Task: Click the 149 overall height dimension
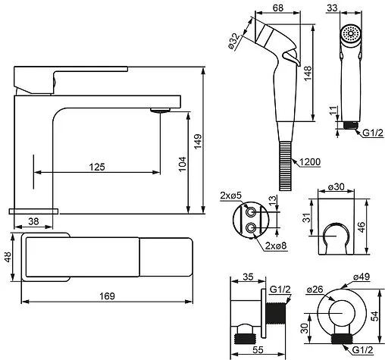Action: [x=198, y=141]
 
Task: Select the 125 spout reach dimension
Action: [x=97, y=167]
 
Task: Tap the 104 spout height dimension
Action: [x=183, y=164]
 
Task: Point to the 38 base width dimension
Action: [x=33, y=221]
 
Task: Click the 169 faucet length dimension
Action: [x=107, y=296]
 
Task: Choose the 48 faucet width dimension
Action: [x=8, y=257]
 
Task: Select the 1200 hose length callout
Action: [x=311, y=161]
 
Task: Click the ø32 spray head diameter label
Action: [x=234, y=41]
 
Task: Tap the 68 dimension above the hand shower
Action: [x=278, y=8]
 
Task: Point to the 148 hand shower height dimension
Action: [x=308, y=74]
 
